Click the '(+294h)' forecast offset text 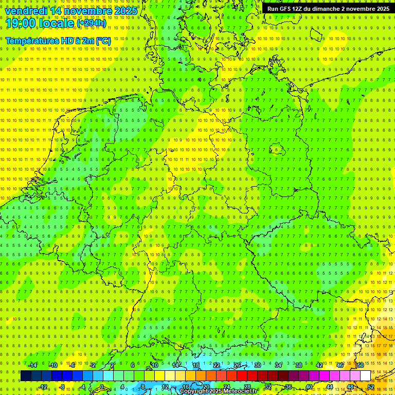92,23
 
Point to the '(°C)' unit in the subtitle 103,41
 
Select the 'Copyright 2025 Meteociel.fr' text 218,391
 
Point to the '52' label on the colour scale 371,386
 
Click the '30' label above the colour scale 257,365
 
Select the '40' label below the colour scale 309,386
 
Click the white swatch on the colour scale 365,375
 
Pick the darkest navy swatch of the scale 26,375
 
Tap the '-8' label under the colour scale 63,386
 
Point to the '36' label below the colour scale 288,386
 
